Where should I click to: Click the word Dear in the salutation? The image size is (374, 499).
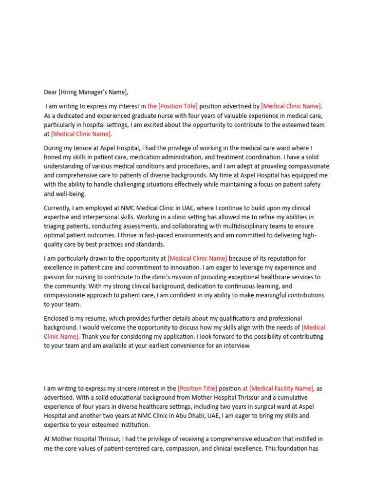pyautogui.click(x=51, y=92)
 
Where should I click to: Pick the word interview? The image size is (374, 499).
pyautogui.click(x=237, y=346)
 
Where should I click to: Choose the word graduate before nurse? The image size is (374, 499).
pyautogui.click(x=149, y=115)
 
